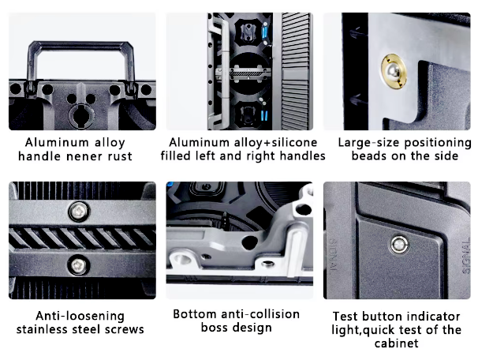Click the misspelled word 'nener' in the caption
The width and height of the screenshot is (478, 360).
pos(84,156)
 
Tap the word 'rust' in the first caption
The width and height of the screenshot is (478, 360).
pos(120,156)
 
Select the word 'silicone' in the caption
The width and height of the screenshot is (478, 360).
pos(294,142)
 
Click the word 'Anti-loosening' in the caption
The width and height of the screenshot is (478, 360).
pos(80,316)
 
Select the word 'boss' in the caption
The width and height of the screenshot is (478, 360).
pos(214,328)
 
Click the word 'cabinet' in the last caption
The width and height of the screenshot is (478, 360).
pos(396,343)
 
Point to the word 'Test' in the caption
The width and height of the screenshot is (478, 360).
pos(345,317)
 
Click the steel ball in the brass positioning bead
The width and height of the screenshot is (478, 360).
pos(393,72)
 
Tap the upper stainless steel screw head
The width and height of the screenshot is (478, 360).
pos(79,211)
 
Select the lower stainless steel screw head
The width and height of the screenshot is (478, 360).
pos(78,264)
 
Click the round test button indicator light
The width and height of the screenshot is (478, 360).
pos(399,245)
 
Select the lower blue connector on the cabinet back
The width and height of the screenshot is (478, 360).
pos(264,115)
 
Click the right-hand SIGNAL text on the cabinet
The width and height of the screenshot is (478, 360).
pos(465,257)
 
